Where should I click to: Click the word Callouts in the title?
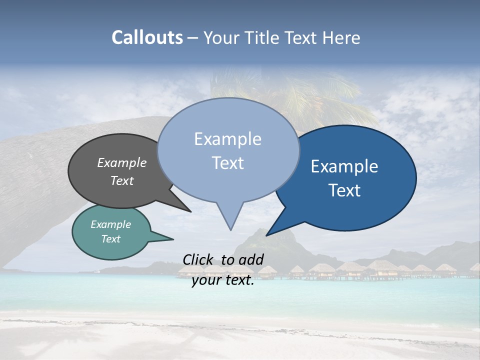point(147,38)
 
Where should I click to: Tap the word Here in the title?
point(340,38)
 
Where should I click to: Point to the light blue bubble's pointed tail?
point(230,220)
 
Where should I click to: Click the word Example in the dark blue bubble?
point(344,166)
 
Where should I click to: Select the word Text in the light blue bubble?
point(228,163)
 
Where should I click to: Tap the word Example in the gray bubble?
point(122,162)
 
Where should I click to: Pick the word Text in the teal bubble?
point(111,239)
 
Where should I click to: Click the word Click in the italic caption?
point(199,259)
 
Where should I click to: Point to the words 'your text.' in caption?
point(223,280)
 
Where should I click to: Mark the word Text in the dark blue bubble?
point(345,190)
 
